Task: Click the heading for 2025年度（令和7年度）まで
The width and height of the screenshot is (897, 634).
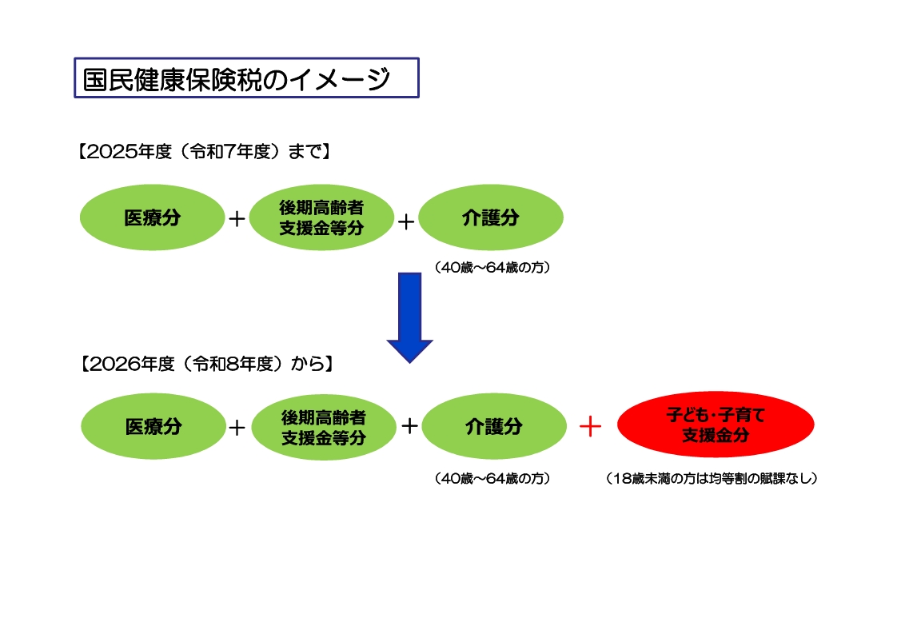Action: [203, 152]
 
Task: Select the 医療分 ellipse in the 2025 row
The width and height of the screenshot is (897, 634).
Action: [152, 217]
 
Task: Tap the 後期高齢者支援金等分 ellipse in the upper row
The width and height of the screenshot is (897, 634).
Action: [321, 217]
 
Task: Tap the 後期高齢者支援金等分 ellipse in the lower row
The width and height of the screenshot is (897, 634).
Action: [324, 427]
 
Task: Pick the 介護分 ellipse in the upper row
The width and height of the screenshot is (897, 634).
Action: [491, 217]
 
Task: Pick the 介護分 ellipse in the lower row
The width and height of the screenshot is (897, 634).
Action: [494, 426]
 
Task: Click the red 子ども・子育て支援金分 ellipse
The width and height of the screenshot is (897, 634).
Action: [716, 425]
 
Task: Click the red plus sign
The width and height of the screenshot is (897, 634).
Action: [589, 426]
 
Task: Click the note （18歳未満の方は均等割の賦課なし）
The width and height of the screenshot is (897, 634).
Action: [712, 479]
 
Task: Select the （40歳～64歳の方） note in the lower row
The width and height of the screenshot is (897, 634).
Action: [493, 479]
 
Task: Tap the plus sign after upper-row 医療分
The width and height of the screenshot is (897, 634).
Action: [237, 218]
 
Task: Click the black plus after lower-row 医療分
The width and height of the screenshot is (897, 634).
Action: [237, 428]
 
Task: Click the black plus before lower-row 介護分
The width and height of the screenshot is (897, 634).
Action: [409, 425]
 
